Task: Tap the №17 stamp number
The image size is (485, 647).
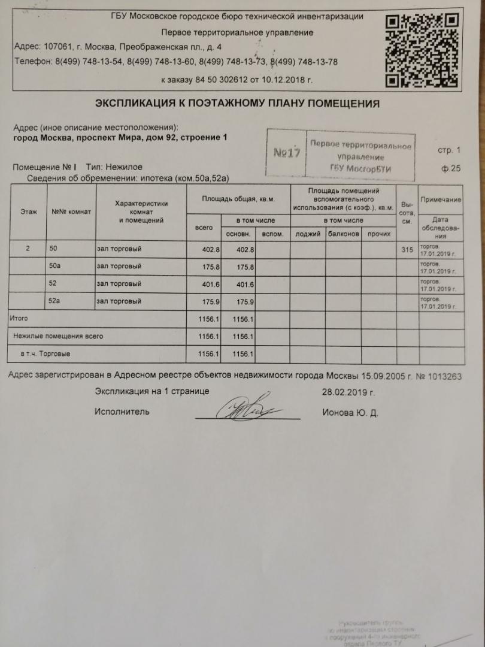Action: point(286,153)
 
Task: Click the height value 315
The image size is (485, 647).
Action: point(407,249)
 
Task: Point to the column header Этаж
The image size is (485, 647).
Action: point(28,211)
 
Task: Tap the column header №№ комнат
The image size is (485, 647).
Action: point(71,211)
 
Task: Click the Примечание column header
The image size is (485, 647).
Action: point(441,199)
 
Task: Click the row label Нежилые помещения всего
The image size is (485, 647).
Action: point(58,336)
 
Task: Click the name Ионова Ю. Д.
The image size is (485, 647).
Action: point(350,413)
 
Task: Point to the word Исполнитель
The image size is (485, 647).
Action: point(122,412)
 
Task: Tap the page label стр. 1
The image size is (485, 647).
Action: point(449,150)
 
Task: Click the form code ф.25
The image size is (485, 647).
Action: point(451,169)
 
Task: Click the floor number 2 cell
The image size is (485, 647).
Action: point(28,249)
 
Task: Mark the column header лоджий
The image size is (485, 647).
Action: point(308,234)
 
